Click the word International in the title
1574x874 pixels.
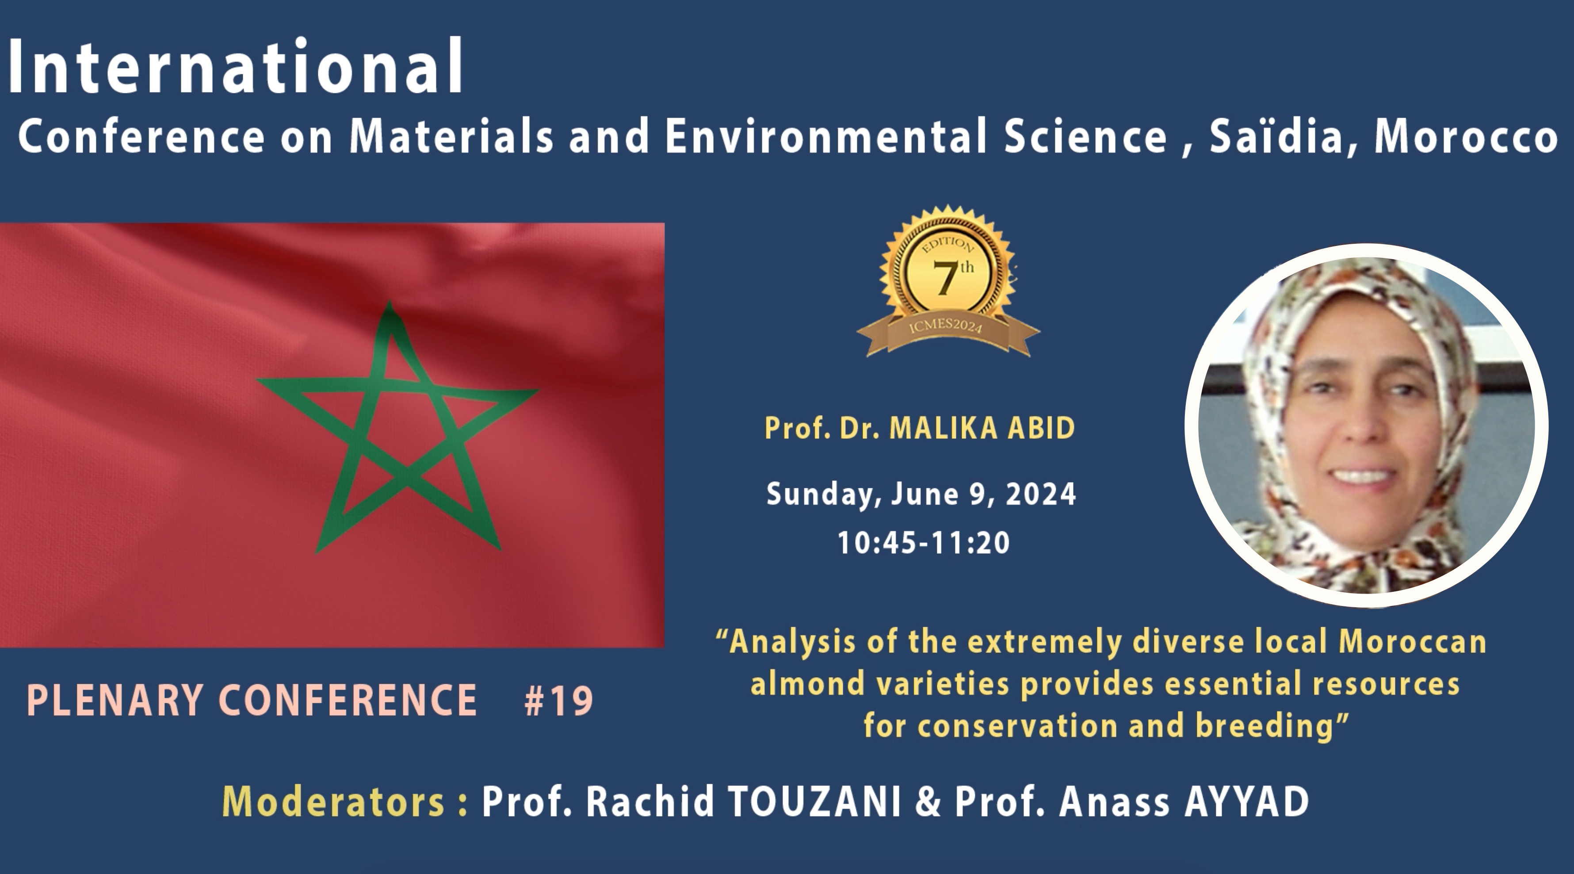[236, 67]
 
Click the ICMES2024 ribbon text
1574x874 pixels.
[945, 326]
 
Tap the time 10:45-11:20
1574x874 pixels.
[923, 542]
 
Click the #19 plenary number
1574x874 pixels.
[558, 701]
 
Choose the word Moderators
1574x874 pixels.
[333, 802]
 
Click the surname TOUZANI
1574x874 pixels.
[815, 802]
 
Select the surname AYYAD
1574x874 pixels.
[1246, 802]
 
